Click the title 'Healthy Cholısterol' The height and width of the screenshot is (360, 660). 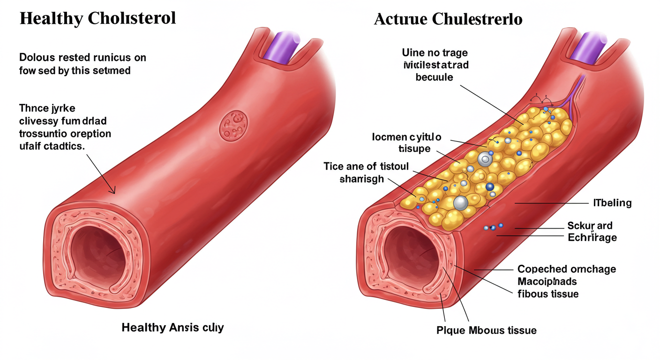click(98, 18)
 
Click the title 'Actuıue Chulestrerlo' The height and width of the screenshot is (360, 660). click(449, 20)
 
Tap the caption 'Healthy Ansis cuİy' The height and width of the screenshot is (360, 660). click(172, 327)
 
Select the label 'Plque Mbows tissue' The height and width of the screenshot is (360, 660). click(486, 330)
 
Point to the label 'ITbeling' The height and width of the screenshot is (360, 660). click(610, 203)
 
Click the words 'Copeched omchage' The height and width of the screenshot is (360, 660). click(566, 269)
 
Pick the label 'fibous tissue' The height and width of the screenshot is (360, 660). click(548, 294)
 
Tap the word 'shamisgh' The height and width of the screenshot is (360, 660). click(361, 179)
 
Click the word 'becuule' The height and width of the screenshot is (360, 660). click(435, 77)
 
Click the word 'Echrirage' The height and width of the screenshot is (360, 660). click(592, 237)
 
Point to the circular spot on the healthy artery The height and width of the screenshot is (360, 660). click(233, 125)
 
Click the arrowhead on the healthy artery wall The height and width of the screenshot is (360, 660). click(112, 191)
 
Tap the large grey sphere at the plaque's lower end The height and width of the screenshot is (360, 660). click(461, 203)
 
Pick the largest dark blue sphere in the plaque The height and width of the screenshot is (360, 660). click(490, 187)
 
